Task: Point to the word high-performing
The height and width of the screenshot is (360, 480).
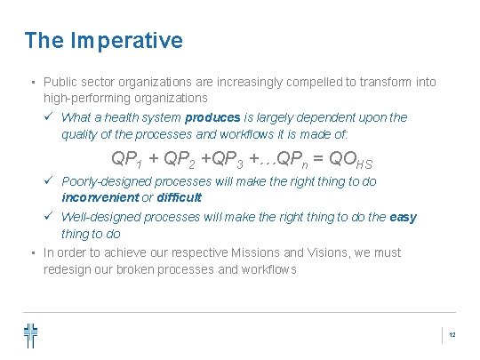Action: [x=84, y=98]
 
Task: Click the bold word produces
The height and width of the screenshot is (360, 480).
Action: [x=212, y=117]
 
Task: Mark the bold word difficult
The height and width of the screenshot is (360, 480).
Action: [x=180, y=197]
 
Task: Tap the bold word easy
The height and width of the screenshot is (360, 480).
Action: [x=403, y=217]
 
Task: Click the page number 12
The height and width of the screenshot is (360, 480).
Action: [x=452, y=335]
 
